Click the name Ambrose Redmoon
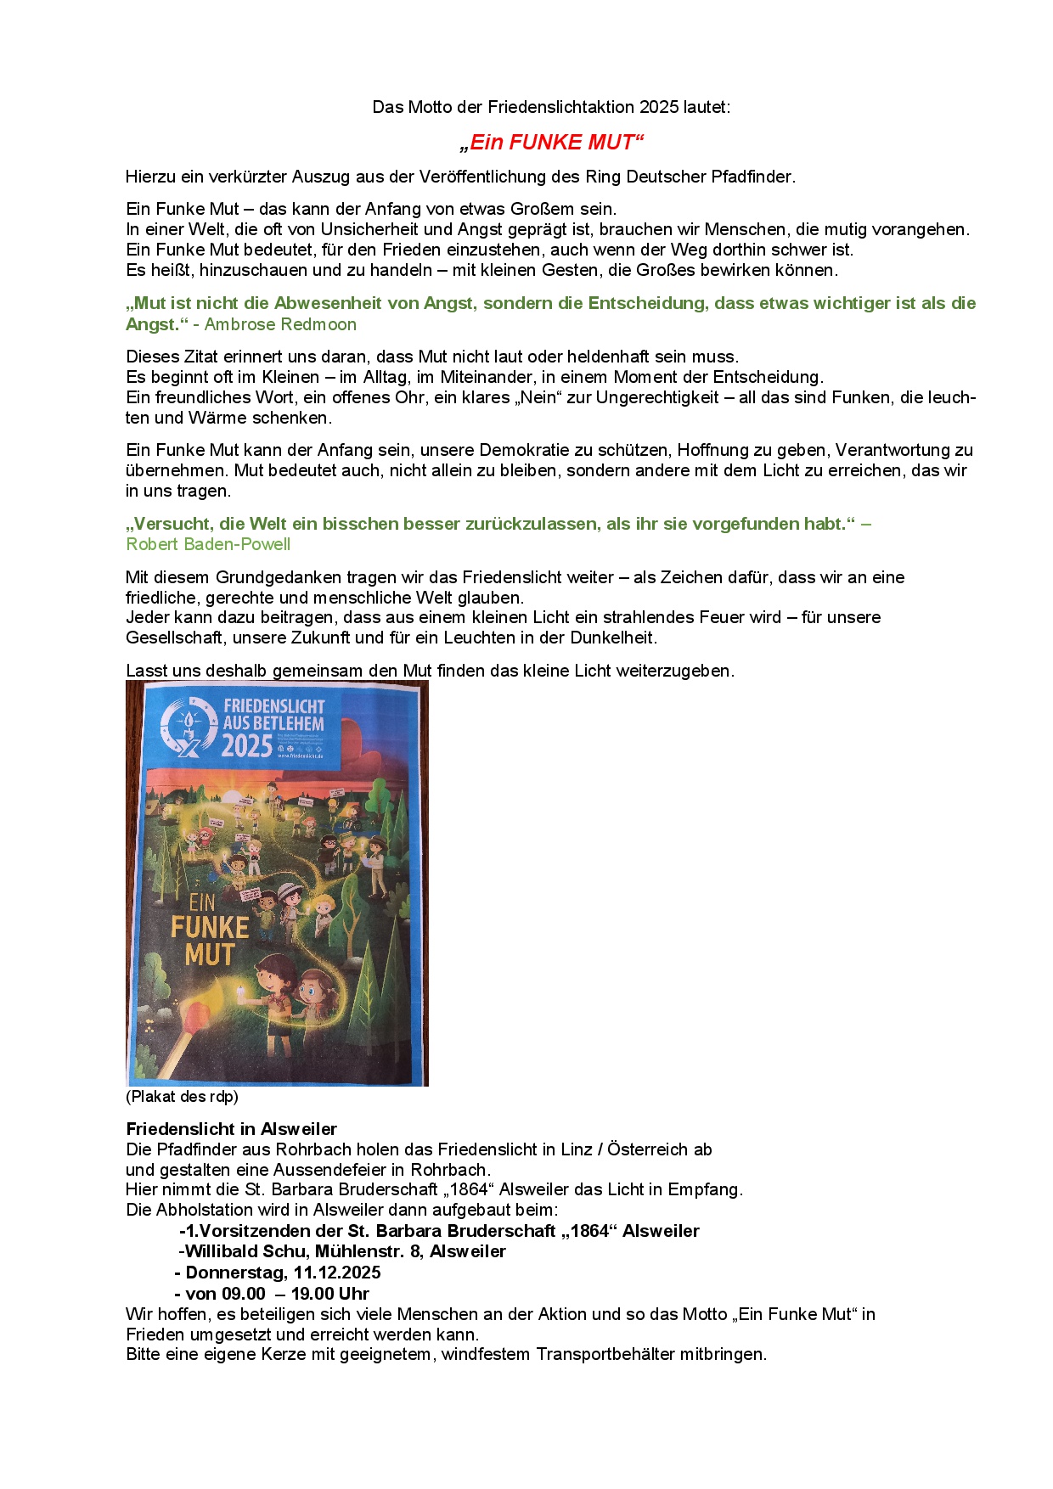tap(280, 324)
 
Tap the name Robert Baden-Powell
tap(208, 544)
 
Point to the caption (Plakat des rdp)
tap(182, 1096)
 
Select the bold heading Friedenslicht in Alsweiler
tap(231, 1129)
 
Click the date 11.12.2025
tap(337, 1273)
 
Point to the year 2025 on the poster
tap(247, 745)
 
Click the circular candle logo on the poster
tap(189, 726)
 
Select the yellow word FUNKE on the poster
tap(210, 928)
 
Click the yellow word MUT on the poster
tap(209, 955)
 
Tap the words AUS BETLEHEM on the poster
tap(273, 724)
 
